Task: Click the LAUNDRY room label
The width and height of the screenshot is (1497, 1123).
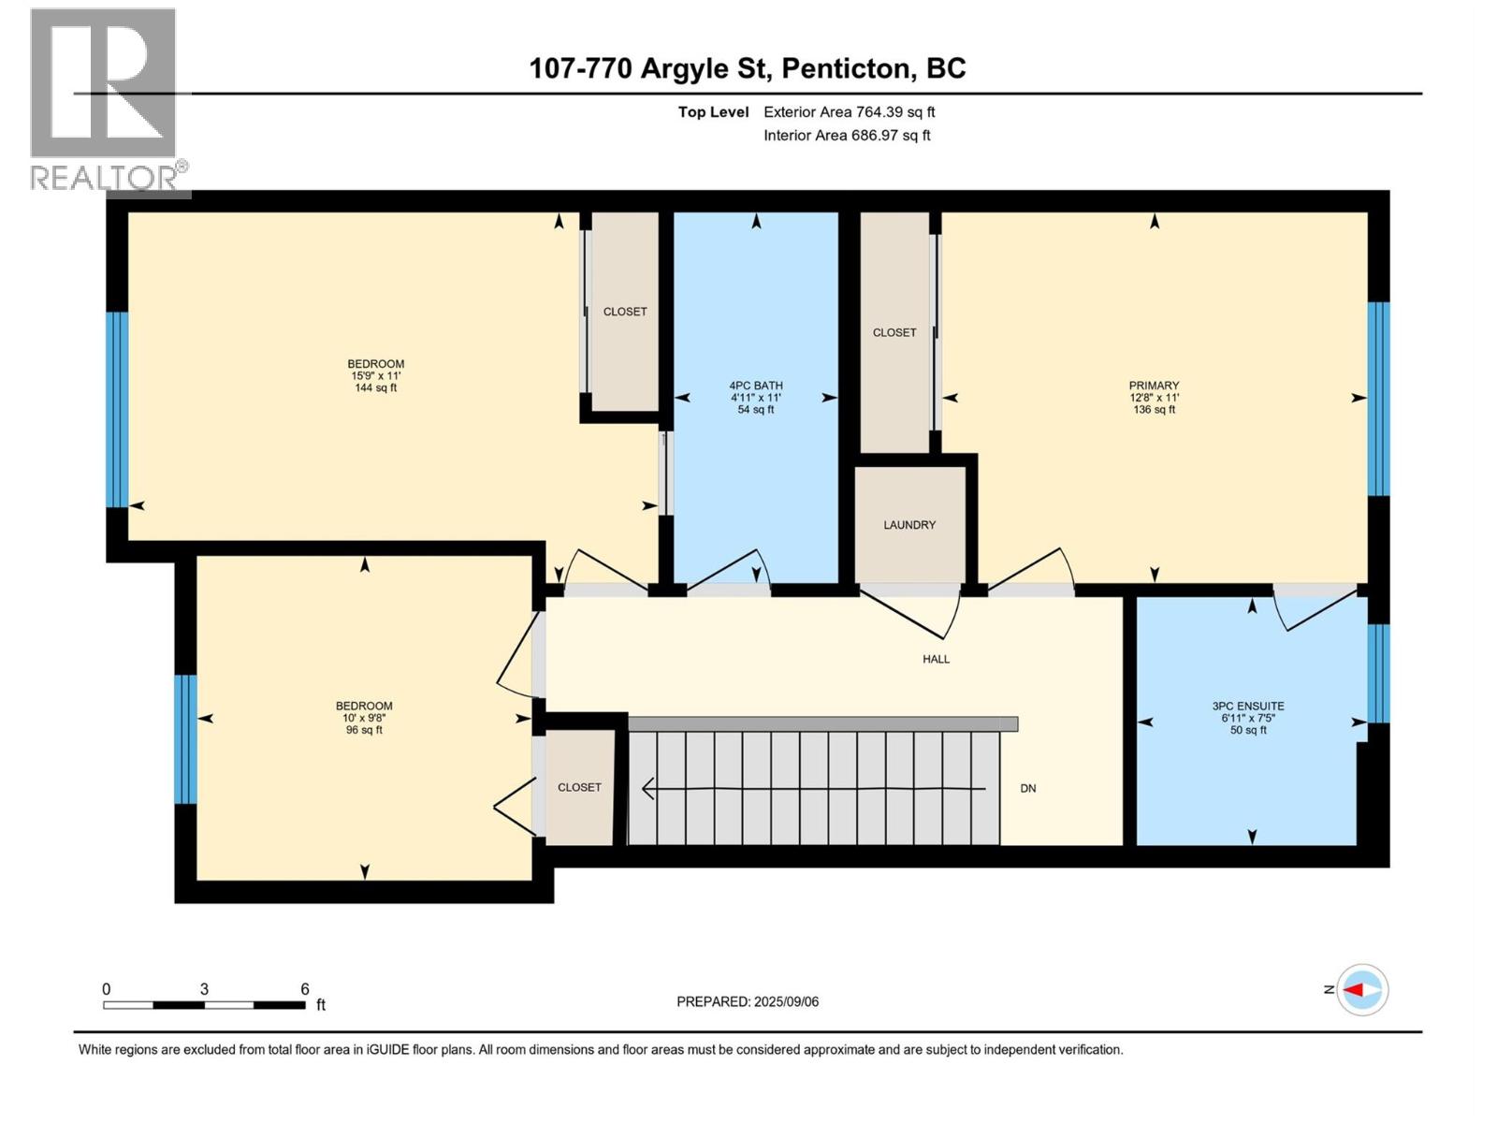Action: pos(909,525)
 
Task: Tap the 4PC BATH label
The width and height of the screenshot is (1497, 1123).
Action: pos(756,386)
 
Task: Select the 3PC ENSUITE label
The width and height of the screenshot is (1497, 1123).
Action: pos(1248,707)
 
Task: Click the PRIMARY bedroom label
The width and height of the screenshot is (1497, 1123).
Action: pos(1154,386)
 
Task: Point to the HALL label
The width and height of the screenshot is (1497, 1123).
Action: pos(936,659)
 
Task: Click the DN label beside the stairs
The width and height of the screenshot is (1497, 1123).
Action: pos(1028,788)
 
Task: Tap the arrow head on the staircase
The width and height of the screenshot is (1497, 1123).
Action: pos(647,789)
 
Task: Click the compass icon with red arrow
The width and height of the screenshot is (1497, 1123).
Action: pos(1362,990)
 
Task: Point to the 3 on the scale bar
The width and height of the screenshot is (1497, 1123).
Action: pos(204,989)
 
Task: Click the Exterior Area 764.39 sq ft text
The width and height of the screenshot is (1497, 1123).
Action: pos(849,112)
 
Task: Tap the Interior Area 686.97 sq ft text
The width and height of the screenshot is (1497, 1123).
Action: pos(847,135)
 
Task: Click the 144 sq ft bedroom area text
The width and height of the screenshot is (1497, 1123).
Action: pos(376,387)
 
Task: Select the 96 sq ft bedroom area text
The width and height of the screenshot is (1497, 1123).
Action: pos(364,730)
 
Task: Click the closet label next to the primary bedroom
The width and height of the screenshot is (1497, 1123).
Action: pos(894,332)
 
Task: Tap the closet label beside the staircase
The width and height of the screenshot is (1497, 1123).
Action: pos(579,787)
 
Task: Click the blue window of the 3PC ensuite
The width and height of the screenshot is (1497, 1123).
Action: pos(1378,673)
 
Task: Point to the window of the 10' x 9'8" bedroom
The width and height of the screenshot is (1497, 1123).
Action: pos(186,738)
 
